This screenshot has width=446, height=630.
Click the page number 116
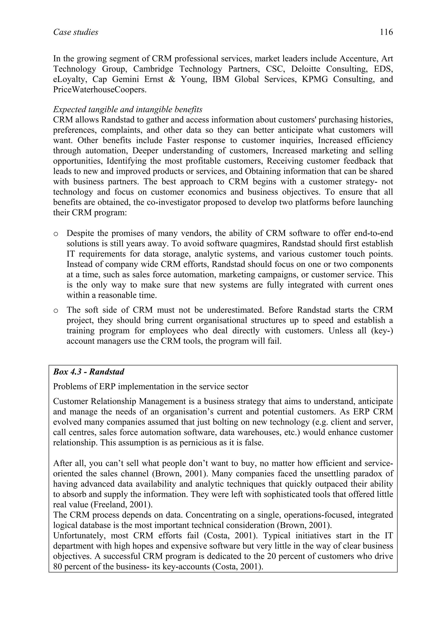click(x=386, y=32)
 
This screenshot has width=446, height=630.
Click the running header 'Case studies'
click(x=76, y=32)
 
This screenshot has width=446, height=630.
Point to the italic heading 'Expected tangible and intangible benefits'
click(x=128, y=110)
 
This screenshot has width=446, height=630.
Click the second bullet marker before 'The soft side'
click(x=56, y=311)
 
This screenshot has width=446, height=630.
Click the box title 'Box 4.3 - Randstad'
click(x=88, y=372)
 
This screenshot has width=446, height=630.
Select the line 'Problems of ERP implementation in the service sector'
click(x=150, y=387)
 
